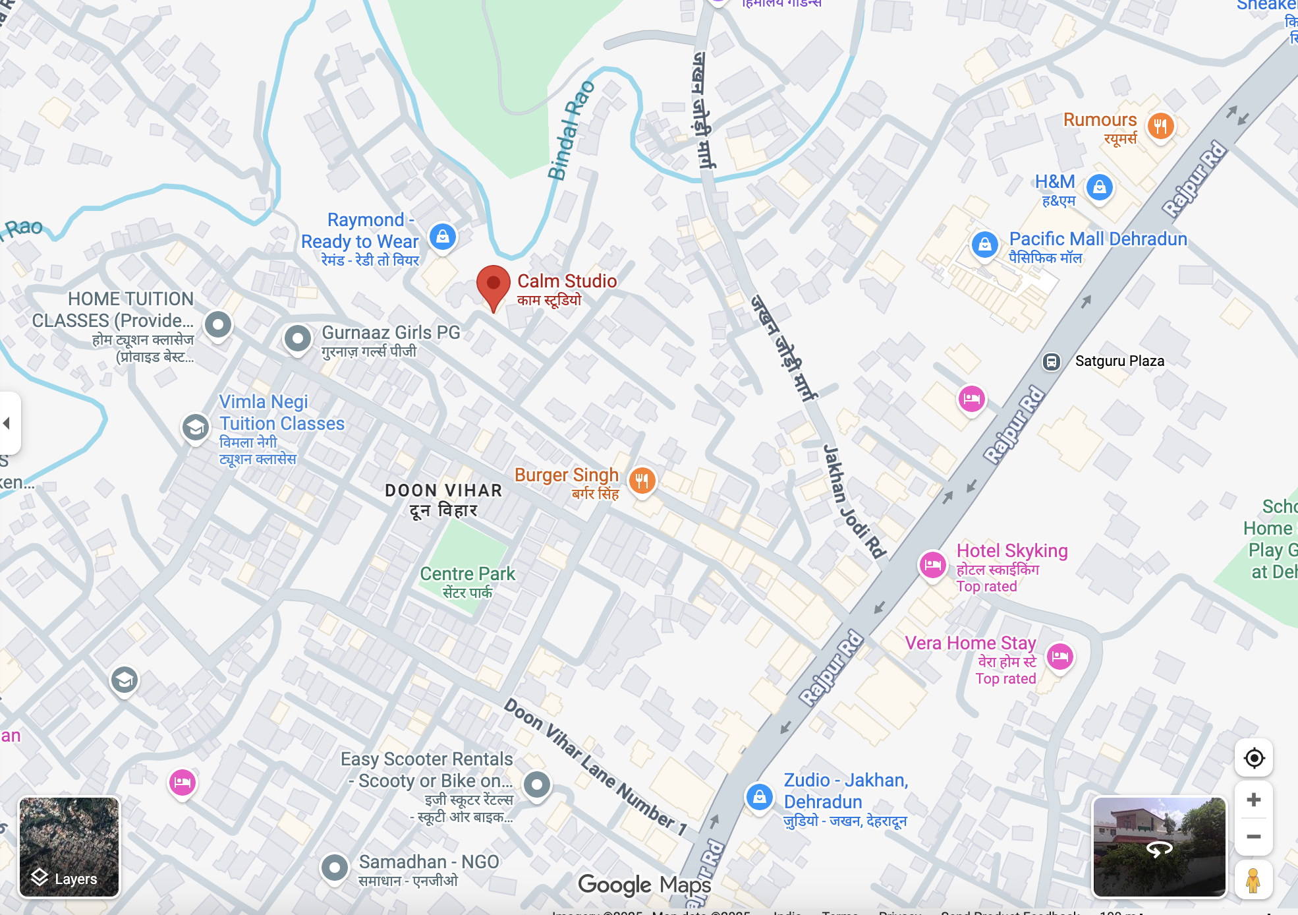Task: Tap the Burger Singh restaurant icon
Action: [x=642, y=480]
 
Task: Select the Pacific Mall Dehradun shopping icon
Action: [x=984, y=245]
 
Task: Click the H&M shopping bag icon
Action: [x=1099, y=188]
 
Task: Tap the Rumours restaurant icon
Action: [x=1160, y=125]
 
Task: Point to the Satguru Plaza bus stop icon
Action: [x=1051, y=361]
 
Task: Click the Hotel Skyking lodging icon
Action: [x=933, y=564]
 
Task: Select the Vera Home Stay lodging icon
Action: [x=1059, y=656]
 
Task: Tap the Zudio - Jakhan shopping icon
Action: [x=759, y=796]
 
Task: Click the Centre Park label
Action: [x=467, y=574]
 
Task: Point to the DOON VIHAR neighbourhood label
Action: [x=443, y=491]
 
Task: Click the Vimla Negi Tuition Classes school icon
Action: [x=196, y=428]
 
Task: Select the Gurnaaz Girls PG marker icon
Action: [x=298, y=339]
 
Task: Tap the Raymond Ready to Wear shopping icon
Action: [x=443, y=236]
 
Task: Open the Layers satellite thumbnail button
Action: [x=69, y=846]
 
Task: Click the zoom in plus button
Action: [x=1253, y=800]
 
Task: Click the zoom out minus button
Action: [x=1253, y=837]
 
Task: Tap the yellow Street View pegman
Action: [x=1253, y=880]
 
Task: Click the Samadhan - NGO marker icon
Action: [x=335, y=868]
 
